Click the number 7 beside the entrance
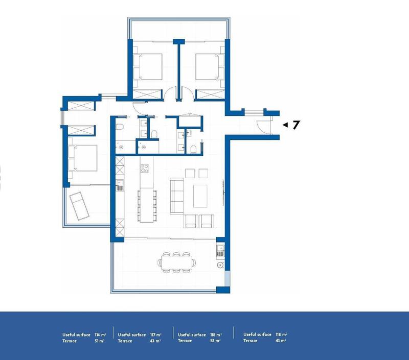coord(296,125)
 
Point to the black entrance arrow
coord(285,125)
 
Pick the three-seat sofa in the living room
coord(177,196)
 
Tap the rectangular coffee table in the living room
coord(201,196)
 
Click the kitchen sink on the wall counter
coord(121,184)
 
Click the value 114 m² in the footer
coord(100,334)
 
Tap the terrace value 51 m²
coord(100,341)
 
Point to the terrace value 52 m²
coord(215,341)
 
